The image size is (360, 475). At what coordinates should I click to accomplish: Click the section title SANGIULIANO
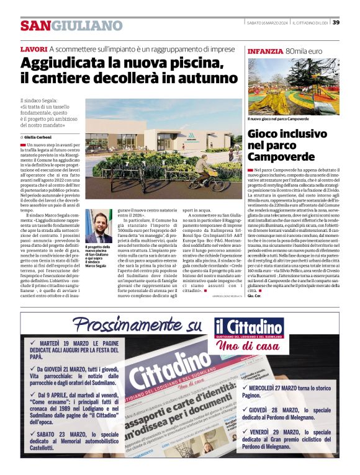(x=71, y=26)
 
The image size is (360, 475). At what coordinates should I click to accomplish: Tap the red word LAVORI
(x=34, y=49)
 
